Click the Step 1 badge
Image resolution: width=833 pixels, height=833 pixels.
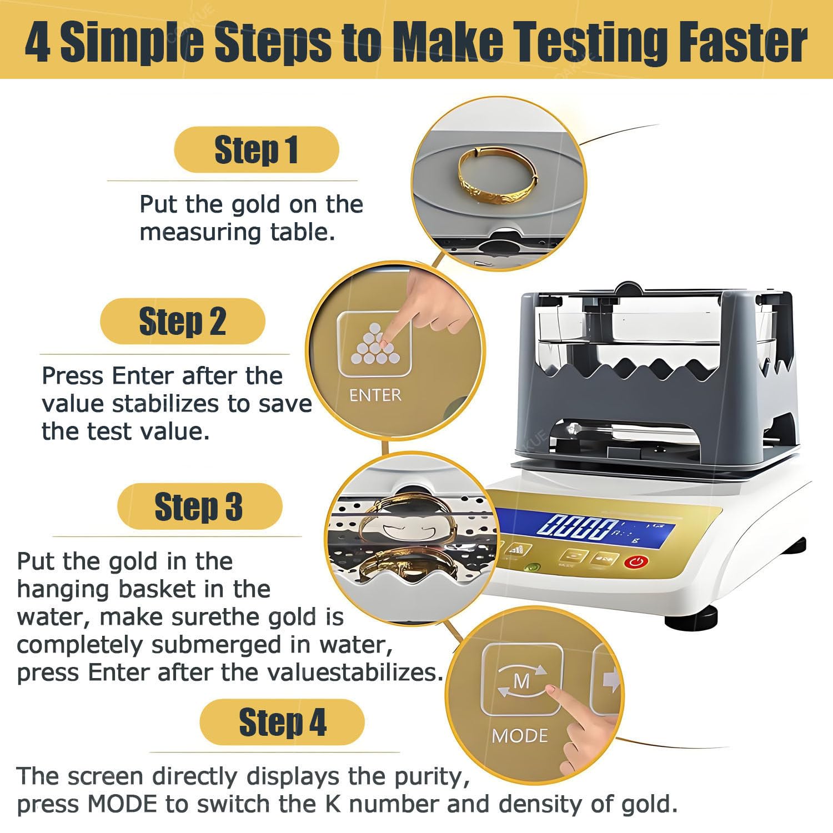(257, 149)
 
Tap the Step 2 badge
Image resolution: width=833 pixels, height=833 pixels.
(183, 321)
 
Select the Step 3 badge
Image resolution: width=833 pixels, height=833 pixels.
(200, 506)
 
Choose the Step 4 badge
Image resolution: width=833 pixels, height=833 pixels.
(282, 722)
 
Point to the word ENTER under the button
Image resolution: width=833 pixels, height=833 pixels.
(375, 395)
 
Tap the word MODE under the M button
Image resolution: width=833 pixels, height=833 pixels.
(520, 736)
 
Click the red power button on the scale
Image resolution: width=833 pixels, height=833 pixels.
(636, 562)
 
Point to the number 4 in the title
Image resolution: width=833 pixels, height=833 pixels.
(38, 42)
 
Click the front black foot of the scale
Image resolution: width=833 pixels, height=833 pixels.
(691, 618)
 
